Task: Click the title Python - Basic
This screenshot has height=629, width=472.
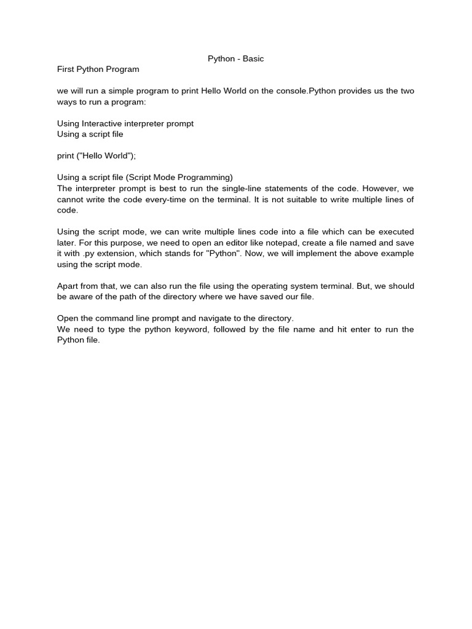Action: coord(235,59)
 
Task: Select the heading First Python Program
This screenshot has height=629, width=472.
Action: coord(98,69)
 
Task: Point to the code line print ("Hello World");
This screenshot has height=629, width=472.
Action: coord(96,156)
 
